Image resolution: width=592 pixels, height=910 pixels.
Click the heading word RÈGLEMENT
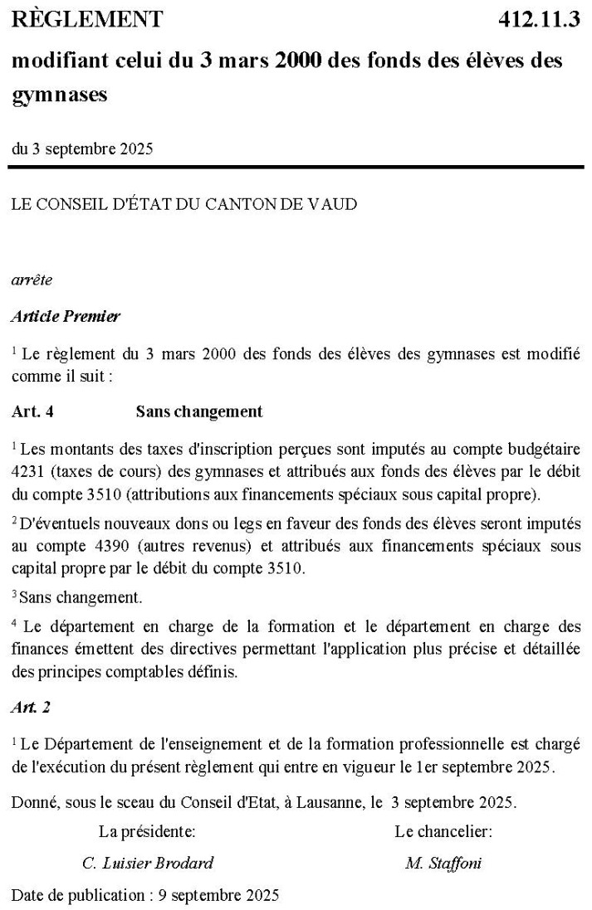click(x=87, y=19)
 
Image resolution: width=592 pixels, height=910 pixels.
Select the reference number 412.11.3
click(x=539, y=19)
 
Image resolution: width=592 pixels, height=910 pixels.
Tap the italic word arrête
click(x=32, y=280)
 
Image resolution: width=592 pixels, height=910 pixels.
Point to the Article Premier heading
click(x=66, y=316)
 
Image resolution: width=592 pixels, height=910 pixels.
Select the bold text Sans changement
click(x=199, y=411)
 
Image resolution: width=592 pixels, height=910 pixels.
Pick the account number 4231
click(x=29, y=468)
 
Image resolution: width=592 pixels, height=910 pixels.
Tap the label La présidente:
click(x=147, y=831)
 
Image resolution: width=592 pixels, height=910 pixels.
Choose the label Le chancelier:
click(x=443, y=831)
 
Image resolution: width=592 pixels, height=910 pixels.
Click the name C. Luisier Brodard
click(x=148, y=863)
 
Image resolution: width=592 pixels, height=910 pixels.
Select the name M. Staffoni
click(x=443, y=863)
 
